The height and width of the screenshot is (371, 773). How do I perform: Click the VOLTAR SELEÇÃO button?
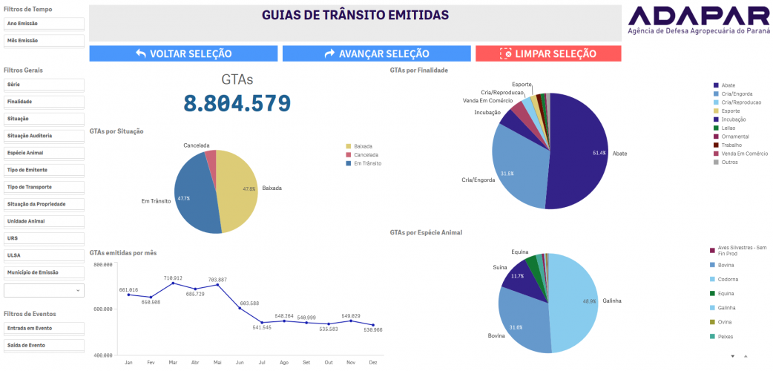coord(183,53)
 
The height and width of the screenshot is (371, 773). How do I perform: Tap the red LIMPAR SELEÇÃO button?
coord(547,53)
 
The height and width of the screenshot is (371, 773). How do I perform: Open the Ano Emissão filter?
coord(44,24)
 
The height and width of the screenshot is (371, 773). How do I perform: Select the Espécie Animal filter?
coord(44,153)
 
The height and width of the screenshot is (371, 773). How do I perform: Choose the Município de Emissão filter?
coord(44,272)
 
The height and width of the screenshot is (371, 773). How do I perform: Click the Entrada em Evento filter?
coord(44,328)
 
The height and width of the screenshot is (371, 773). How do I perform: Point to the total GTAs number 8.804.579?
coord(237,103)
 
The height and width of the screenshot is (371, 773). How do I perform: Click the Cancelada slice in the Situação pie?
coord(211,160)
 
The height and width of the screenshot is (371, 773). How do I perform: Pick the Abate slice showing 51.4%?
coord(579,152)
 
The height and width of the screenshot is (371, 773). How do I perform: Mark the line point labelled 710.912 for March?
coord(173,283)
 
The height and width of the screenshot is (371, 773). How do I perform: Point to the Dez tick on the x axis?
coord(373,362)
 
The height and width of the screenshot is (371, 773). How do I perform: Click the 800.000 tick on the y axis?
coord(102,264)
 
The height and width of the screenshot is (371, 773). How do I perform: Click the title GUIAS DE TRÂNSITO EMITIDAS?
coord(355,16)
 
